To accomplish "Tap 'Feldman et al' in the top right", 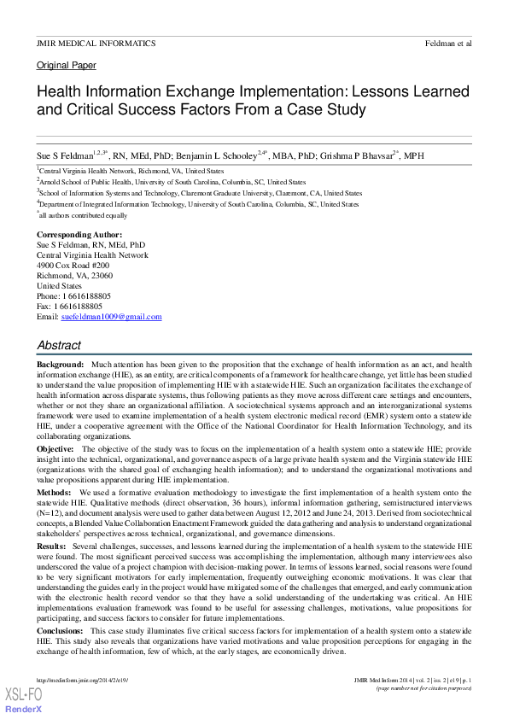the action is (447, 43).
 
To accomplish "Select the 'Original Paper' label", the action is (67, 65).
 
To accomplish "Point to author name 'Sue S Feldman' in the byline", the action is (63, 157).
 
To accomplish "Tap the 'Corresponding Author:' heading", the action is (79, 234).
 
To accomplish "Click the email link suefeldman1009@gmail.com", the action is (111, 317).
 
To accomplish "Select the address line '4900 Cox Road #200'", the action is (73, 265).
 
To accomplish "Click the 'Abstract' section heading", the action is (59, 345).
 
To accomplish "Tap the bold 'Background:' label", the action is (60, 365).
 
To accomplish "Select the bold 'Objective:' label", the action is (56, 448).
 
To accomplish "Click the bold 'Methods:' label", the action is (54, 493).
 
